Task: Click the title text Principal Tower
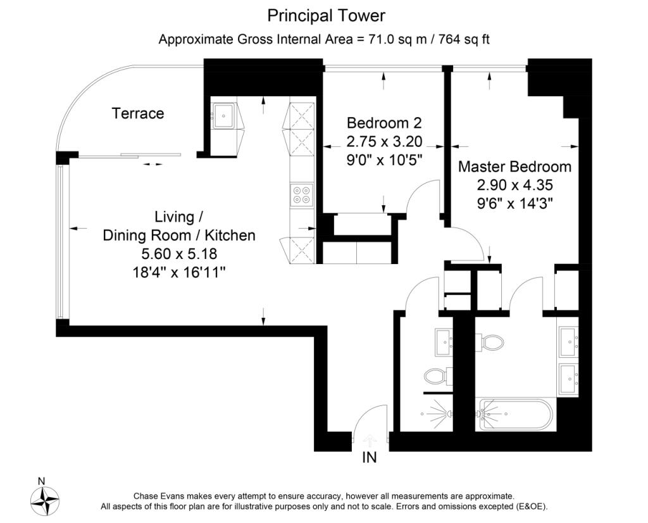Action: (326, 15)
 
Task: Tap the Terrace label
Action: (138, 113)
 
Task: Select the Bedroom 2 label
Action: (384, 123)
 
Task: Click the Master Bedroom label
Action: (514, 167)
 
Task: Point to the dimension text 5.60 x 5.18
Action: (179, 254)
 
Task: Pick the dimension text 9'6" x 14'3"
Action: (514, 204)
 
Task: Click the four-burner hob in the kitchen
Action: (301, 194)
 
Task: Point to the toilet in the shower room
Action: (436, 377)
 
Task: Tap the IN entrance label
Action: (370, 457)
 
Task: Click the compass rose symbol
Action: (44, 500)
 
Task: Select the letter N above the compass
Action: (41, 481)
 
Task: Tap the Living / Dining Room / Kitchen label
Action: (179, 226)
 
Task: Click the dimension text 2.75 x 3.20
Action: (384, 141)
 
